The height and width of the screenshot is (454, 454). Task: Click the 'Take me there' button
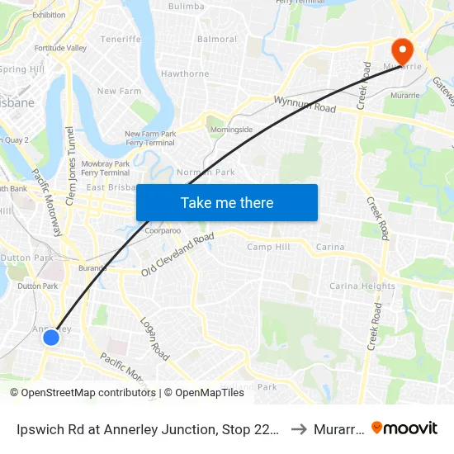tap(227, 202)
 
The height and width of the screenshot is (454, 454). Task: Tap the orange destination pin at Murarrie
tap(404, 49)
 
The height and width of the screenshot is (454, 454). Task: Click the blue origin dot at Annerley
tap(51, 337)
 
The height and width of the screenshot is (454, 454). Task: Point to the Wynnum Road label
tap(305, 104)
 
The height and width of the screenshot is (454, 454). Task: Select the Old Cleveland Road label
tap(177, 254)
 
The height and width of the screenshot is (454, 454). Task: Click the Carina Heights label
tap(362, 286)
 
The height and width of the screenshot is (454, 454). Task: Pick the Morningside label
tap(231, 130)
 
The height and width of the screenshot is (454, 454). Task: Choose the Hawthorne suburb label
tap(185, 73)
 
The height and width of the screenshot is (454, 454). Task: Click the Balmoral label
tap(217, 39)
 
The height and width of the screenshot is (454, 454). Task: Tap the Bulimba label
tap(186, 6)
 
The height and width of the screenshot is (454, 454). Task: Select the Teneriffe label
tap(121, 39)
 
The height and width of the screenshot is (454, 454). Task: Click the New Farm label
tap(119, 91)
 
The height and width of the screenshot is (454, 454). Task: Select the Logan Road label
tap(154, 338)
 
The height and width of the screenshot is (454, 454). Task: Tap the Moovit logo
tap(404, 428)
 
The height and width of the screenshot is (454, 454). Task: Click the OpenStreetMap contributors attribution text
tap(83, 393)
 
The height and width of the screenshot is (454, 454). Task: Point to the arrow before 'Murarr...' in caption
tap(299, 428)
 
